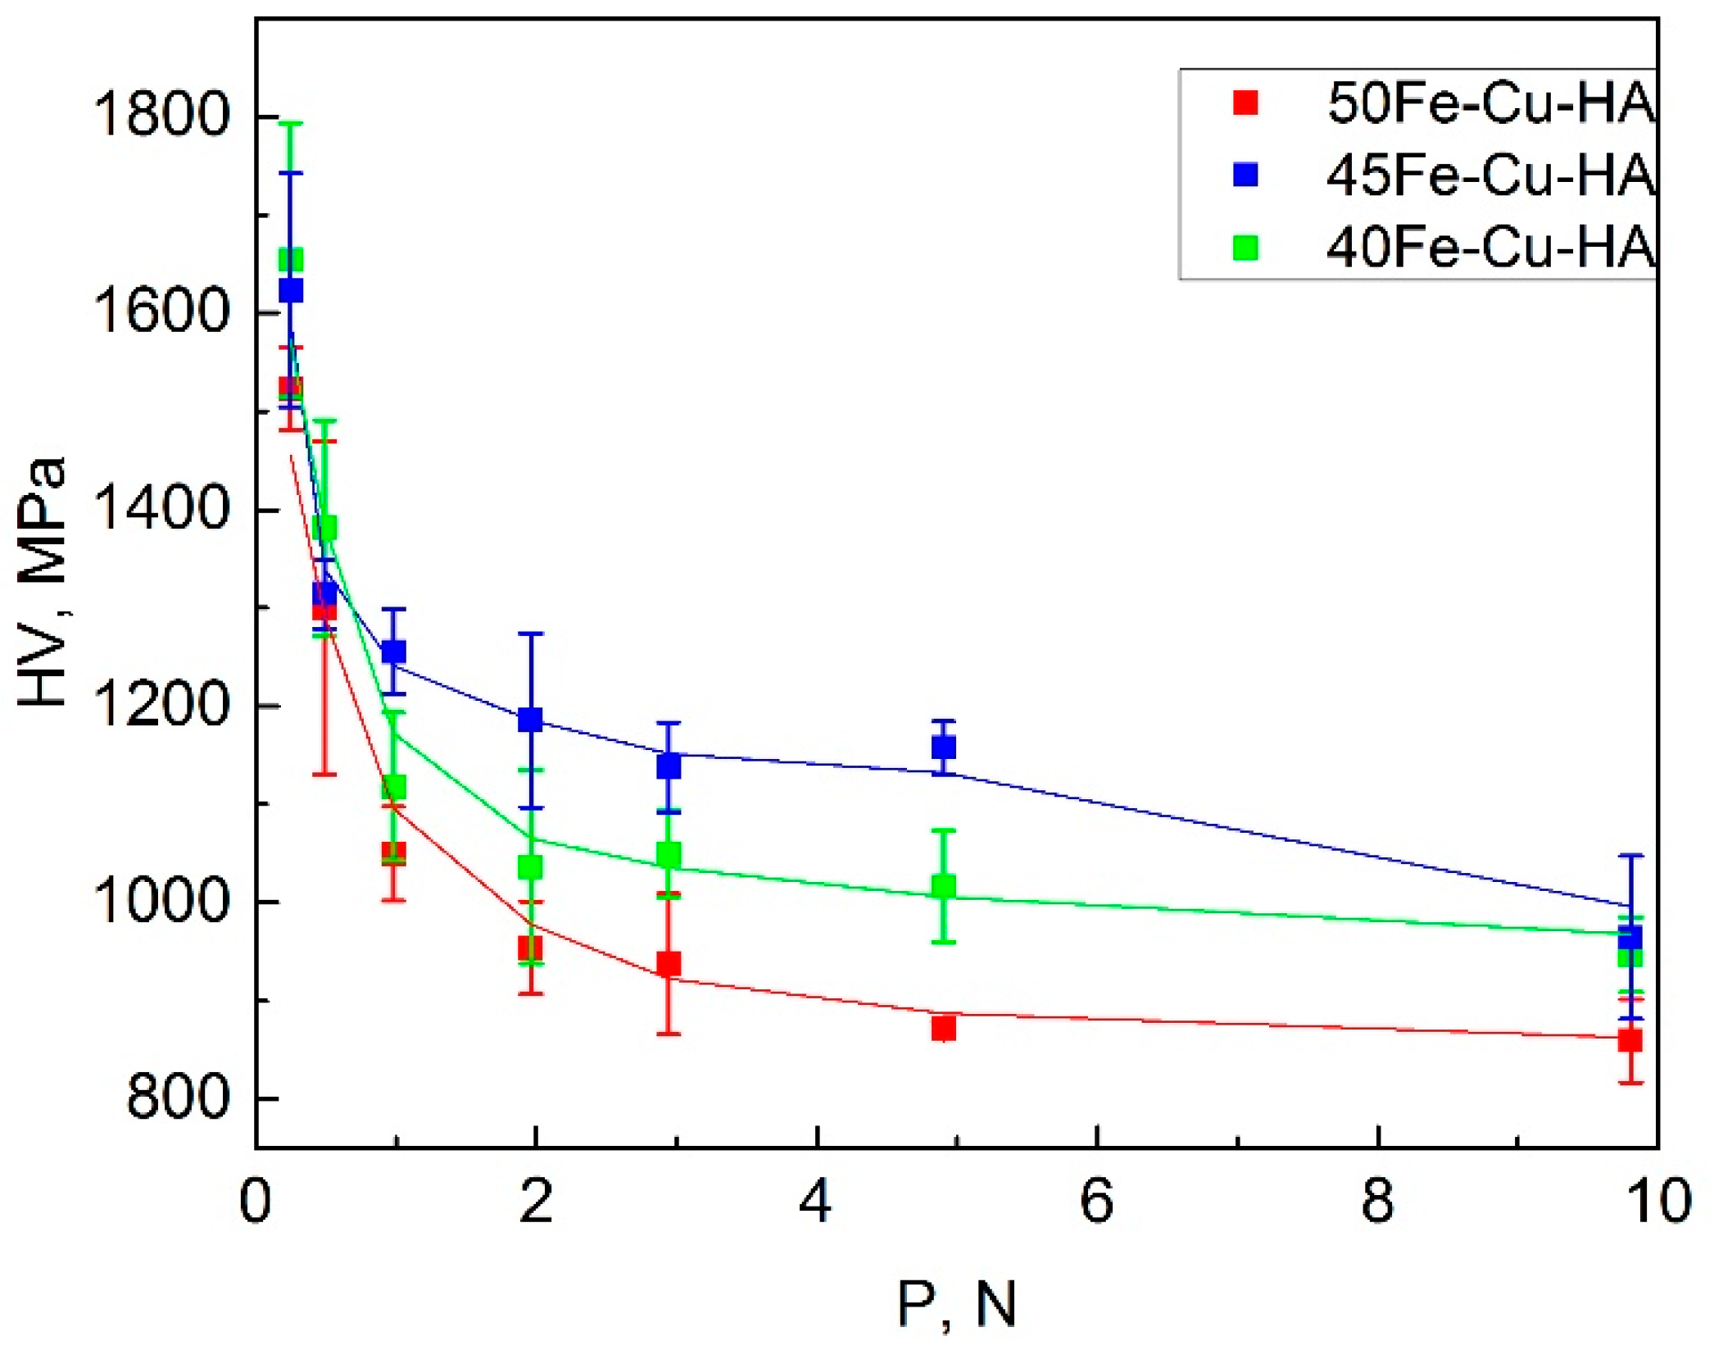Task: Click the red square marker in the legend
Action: click(1245, 103)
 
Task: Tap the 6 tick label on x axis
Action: click(1096, 1202)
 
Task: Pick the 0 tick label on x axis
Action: click(256, 1202)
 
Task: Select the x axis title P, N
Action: click(957, 1303)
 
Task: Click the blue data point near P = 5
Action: click(944, 747)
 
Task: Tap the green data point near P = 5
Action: click(944, 886)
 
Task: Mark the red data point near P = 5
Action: click(944, 1028)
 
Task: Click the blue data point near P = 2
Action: click(531, 720)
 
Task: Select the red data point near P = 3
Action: click(669, 964)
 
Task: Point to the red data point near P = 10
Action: click(1630, 1040)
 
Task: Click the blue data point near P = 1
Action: click(394, 652)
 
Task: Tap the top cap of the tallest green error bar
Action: click(291, 124)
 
